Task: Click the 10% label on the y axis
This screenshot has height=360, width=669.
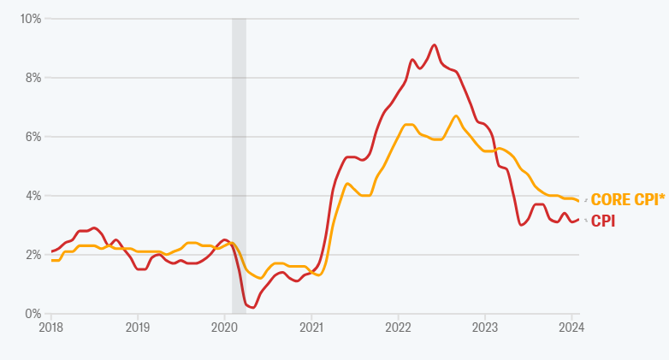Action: coord(31,18)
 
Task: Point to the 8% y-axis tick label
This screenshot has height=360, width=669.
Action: coord(33,77)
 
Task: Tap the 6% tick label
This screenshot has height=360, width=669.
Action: coord(33,136)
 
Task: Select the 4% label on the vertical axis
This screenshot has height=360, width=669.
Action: coord(33,195)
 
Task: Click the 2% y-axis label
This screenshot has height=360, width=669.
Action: coord(33,255)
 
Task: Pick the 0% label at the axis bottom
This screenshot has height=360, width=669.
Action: coord(33,314)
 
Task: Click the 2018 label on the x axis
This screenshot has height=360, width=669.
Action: coord(51,327)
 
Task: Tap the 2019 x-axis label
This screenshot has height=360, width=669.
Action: coord(138,327)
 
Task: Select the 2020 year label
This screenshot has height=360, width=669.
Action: coord(224,327)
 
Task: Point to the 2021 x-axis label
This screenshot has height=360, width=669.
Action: coord(311,327)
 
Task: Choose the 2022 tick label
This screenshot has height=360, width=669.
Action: coord(398,327)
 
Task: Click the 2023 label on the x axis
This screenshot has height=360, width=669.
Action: coord(485,327)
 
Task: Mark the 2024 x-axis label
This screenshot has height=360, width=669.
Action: coord(571,327)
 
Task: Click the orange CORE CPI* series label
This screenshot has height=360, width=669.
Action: coord(627,200)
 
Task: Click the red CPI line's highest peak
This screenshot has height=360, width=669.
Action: coord(435,44)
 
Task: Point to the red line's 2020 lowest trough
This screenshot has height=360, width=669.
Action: coord(252,307)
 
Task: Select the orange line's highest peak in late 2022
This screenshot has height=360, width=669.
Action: coord(456,115)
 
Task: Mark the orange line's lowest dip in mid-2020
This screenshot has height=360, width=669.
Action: coord(260,278)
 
